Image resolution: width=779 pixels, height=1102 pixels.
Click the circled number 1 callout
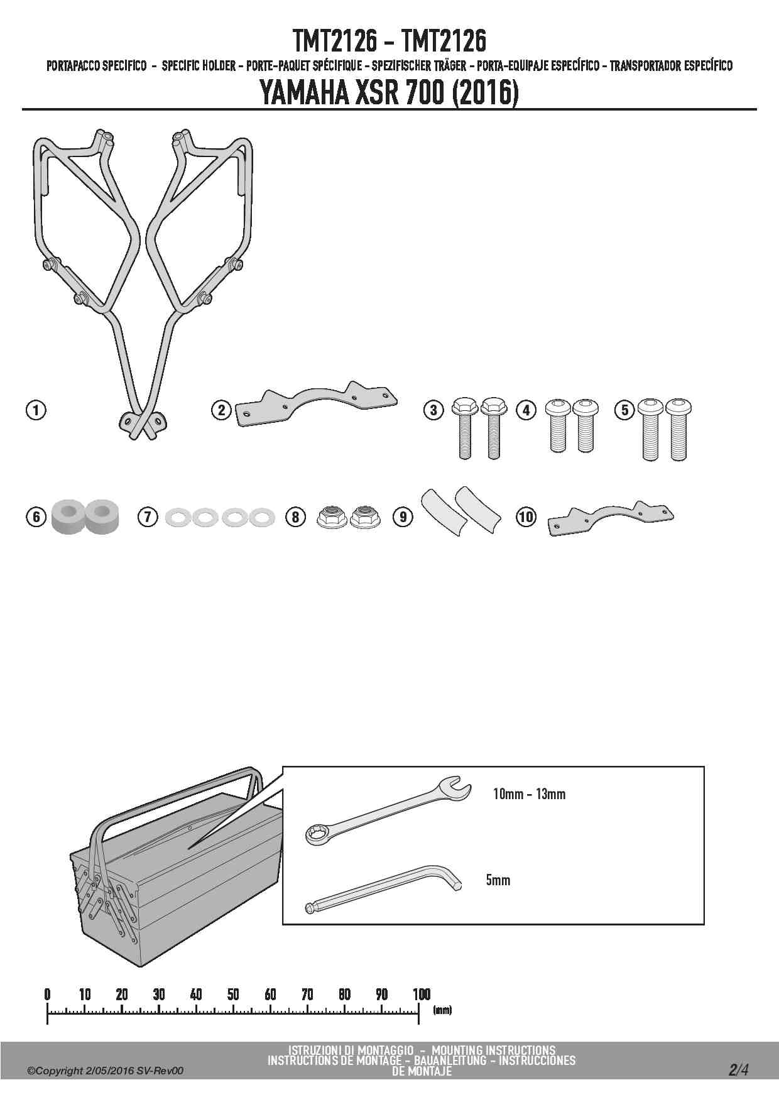pyautogui.click(x=36, y=411)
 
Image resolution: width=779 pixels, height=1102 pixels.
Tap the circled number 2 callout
pyautogui.click(x=221, y=411)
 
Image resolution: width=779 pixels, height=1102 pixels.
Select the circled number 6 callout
pyautogui.click(x=36, y=516)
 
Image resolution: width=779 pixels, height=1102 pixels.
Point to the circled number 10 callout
pyautogui.click(x=526, y=517)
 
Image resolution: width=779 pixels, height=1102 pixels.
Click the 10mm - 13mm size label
pyautogui.click(x=529, y=794)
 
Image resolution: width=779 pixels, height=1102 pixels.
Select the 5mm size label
pyautogui.click(x=498, y=880)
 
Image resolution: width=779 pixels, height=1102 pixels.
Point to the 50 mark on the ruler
pyautogui.click(x=233, y=994)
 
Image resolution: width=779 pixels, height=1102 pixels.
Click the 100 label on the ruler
pyautogui.click(x=422, y=994)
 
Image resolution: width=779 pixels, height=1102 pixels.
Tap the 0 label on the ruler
pyautogui.click(x=47, y=994)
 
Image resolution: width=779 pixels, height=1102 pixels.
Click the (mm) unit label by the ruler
pyautogui.click(x=442, y=1010)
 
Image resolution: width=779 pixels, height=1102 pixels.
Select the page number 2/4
pyautogui.click(x=739, y=1070)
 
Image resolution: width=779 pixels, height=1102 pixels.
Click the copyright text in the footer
pyautogui.click(x=105, y=1071)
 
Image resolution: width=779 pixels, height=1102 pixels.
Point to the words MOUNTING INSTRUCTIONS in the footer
pyautogui.click(x=494, y=1050)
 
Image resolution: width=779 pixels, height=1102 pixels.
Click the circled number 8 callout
pyautogui.click(x=295, y=517)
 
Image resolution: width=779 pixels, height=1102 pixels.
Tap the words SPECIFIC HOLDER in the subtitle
pyautogui.click(x=199, y=65)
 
